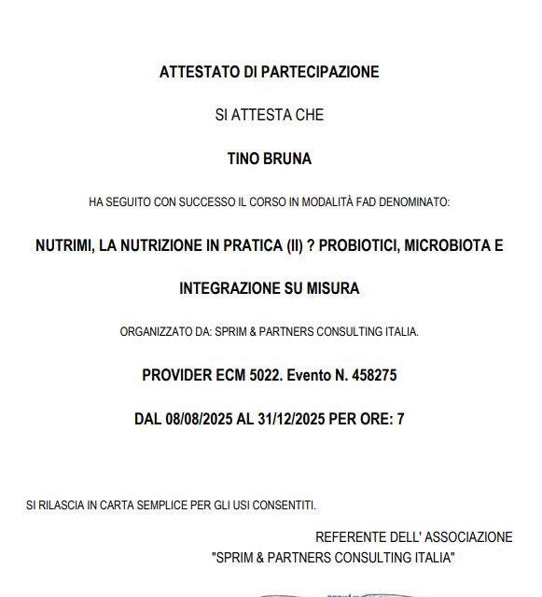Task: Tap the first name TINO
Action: [243, 159]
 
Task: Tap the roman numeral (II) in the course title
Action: [297, 246]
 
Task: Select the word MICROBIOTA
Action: [447, 246]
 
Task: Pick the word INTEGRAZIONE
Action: [228, 289]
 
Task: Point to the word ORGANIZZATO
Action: [155, 331]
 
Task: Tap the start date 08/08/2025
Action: [198, 419]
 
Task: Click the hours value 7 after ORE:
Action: [400, 419]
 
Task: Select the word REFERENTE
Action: [351, 537]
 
